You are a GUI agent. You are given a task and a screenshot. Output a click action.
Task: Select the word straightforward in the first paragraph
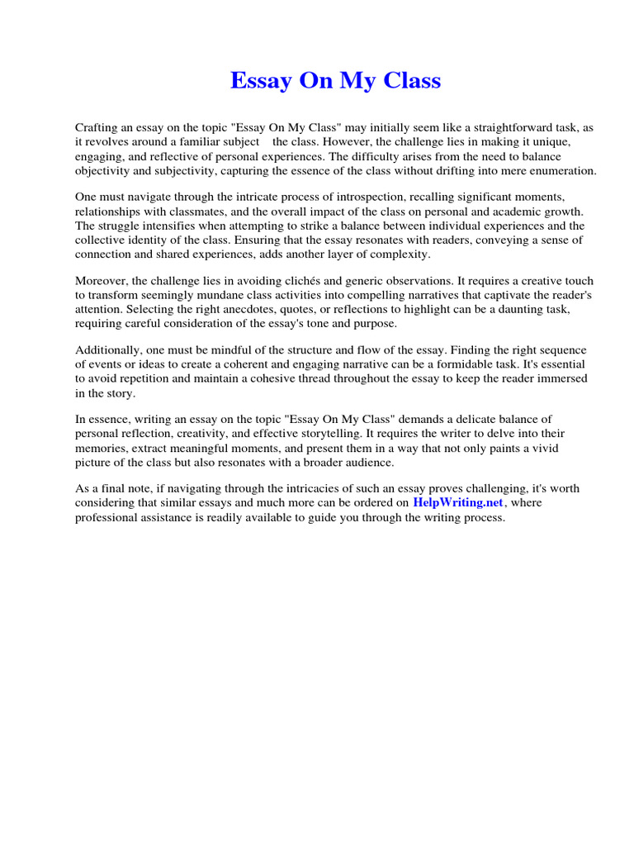pyautogui.click(x=486, y=128)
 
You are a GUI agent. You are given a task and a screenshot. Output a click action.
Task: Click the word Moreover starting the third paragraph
pyautogui.click(x=100, y=281)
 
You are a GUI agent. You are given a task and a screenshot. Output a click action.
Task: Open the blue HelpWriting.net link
pyautogui.click(x=457, y=503)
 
